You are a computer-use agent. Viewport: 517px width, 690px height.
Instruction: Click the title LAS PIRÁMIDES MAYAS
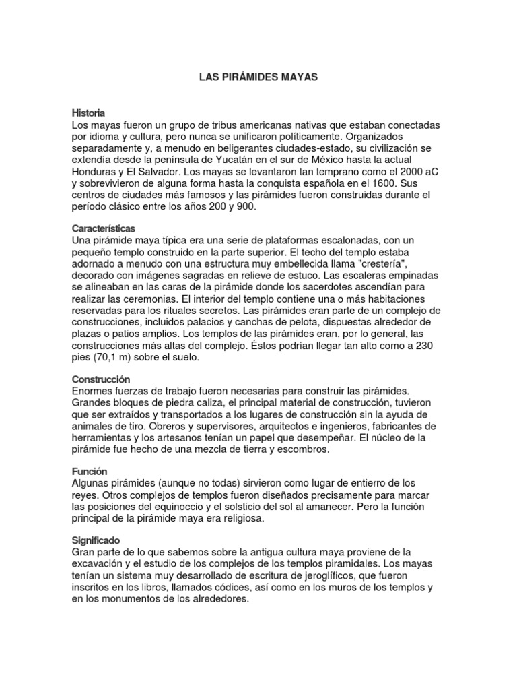click(258, 77)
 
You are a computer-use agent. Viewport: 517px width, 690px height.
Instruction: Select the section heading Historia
click(88, 113)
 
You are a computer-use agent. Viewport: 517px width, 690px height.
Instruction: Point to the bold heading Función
click(90, 471)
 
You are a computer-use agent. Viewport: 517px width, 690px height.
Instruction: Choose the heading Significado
click(96, 540)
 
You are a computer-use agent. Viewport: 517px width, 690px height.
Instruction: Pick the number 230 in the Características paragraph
click(431, 345)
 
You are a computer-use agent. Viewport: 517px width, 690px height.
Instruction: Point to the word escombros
click(305, 449)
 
